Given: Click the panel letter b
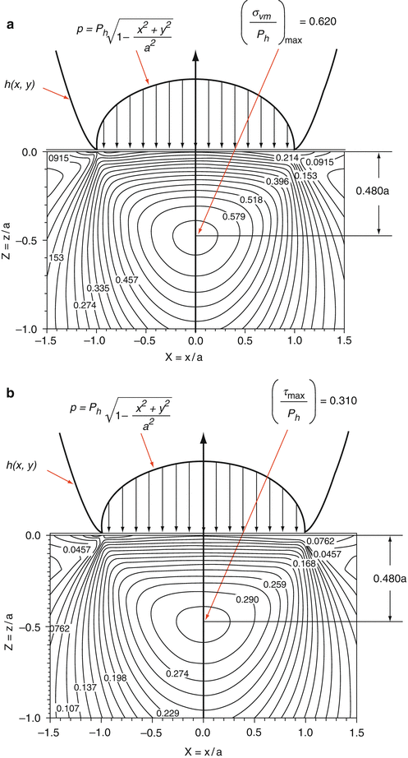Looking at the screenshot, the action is pos(10,393).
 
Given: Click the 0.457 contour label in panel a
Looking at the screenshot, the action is pos(126,280).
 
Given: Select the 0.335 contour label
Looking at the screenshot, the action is pos(97,289).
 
